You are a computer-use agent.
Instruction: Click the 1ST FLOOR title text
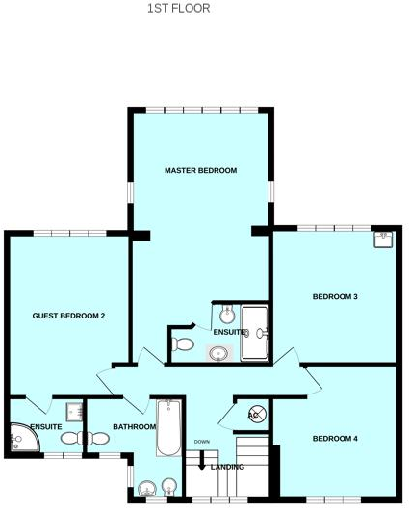click(x=178, y=8)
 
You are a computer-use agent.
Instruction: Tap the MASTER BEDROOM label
click(x=200, y=170)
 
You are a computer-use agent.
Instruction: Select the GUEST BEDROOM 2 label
click(x=68, y=316)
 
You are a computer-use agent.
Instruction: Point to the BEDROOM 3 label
click(x=335, y=296)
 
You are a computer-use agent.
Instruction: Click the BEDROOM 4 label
click(x=335, y=439)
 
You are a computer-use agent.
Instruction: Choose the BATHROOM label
click(x=134, y=426)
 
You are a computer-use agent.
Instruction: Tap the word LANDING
click(x=227, y=467)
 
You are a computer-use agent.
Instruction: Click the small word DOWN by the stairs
click(x=201, y=442)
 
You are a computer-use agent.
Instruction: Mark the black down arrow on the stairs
click(x=202, y=461)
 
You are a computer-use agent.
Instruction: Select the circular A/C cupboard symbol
click(x=256, y=415)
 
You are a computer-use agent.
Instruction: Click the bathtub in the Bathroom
click(x=167, y=428)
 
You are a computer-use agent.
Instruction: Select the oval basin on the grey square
click(x=220, y=353)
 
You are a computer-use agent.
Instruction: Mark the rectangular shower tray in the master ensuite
click(x=256, y=332)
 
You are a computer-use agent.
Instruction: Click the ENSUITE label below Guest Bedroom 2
click(x=45, y=426)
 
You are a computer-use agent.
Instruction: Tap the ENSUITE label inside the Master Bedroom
click(x=229, y=332)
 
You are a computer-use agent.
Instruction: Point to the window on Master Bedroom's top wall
click(x=202, y=109)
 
